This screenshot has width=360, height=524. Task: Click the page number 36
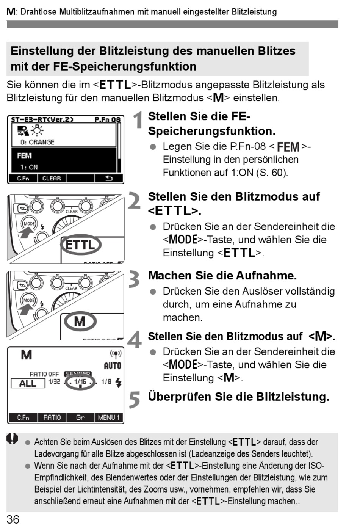13,519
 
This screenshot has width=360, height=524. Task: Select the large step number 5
135,400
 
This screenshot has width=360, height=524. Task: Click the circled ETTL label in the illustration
81,245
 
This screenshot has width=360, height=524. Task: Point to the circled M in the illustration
80,322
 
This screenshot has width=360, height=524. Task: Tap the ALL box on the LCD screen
28,383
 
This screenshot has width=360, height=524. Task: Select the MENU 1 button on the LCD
109,417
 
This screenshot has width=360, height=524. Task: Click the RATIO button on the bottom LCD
52,417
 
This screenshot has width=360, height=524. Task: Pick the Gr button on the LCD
80,417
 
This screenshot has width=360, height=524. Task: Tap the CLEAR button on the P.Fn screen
52,178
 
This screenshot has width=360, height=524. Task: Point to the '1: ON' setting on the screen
29,167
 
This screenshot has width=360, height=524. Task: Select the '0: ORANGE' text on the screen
38,142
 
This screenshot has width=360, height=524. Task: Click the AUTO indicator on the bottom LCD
112,366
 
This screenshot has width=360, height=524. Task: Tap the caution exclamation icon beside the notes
13,439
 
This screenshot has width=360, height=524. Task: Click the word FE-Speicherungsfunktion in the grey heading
124,66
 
